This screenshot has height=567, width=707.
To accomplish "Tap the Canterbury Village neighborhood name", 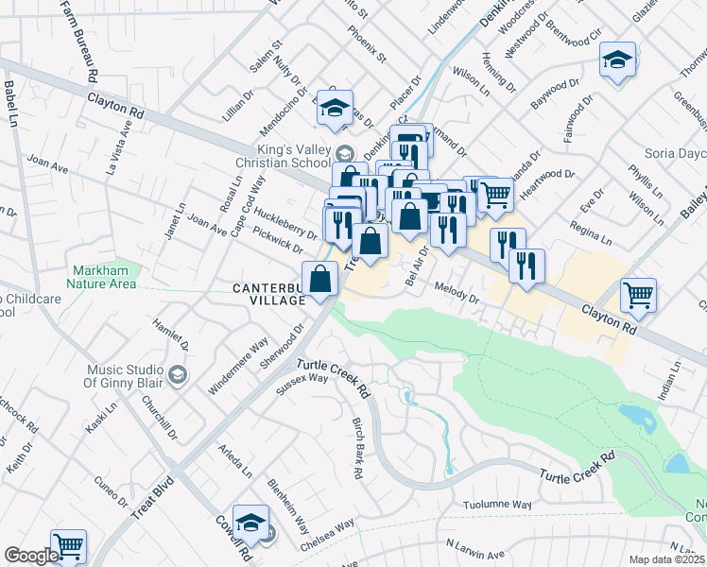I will [270, 293].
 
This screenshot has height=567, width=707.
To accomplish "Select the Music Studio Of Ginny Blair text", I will [133, 375].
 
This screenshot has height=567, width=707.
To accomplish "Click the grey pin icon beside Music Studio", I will [176, 376].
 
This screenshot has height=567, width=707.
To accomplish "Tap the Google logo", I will [31, 556].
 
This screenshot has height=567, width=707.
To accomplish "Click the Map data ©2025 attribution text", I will [666, 559].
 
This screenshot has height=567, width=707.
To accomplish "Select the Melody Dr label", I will [457, 290].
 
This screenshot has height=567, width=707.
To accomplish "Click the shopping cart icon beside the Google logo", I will [68, 545].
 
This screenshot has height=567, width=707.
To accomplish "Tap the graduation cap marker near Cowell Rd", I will [250, 521].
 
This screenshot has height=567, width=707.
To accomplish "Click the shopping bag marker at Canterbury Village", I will [320, 279].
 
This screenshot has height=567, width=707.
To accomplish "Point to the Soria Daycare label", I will [672, 152].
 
